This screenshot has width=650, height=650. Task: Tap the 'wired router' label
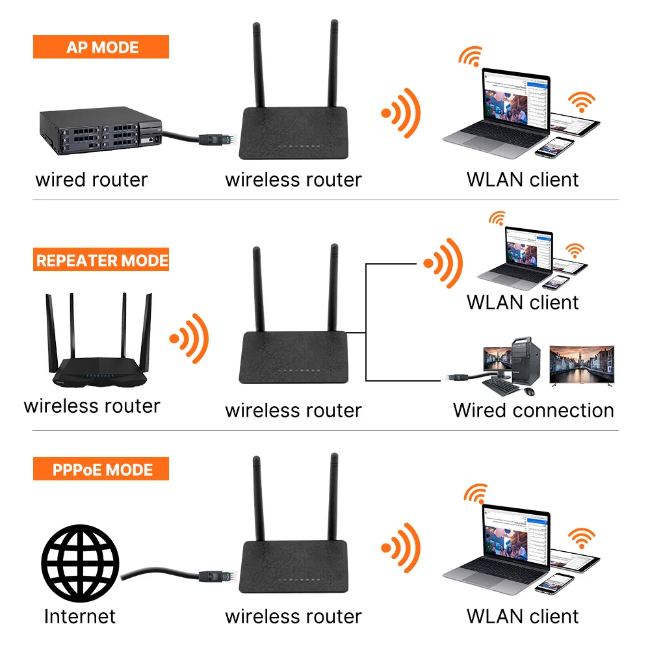point(92,179)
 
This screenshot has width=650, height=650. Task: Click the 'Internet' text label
point(79,616)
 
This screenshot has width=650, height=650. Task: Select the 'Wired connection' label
point(533,410)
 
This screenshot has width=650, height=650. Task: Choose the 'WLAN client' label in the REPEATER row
point(522,302)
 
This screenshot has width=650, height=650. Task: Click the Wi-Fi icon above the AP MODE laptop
point(470,56)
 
